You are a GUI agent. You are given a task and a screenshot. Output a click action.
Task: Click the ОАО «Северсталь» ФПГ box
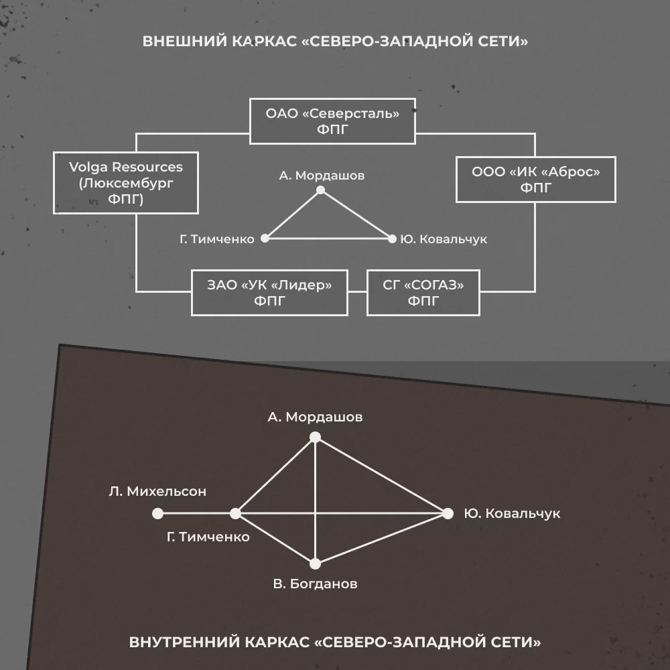[332, 121]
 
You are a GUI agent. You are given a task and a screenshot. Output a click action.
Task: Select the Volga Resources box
[126, 182]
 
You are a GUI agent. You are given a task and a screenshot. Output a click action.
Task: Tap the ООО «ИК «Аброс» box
[535, 180]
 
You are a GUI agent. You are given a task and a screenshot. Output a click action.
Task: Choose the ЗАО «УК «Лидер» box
[269, 293]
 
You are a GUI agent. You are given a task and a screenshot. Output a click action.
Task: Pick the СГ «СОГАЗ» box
[423, 293]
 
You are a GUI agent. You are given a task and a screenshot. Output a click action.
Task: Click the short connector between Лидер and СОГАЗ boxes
[357, 292]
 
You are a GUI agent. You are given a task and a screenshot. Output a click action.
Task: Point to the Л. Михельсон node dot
[157, 514]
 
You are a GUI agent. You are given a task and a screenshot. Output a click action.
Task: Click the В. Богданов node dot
[315, 564]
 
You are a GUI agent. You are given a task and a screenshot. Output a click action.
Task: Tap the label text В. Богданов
[315, 584]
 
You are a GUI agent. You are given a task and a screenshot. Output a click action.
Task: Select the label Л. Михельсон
[157, 492]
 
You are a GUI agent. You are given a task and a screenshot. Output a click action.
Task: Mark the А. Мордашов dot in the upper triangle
[321, 190]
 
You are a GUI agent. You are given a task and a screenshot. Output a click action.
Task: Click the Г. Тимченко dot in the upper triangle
[265, 238]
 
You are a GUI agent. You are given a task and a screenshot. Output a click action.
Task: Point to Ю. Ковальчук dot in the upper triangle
[392, 238]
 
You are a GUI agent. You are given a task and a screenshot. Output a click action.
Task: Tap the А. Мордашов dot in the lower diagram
[315, 438]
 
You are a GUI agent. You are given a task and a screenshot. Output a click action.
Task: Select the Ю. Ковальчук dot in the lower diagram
[448, 514]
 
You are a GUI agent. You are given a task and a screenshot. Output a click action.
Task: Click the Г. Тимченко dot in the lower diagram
[235, 514]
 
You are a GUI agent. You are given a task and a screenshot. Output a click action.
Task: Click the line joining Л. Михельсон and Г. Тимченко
[196, 514]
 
